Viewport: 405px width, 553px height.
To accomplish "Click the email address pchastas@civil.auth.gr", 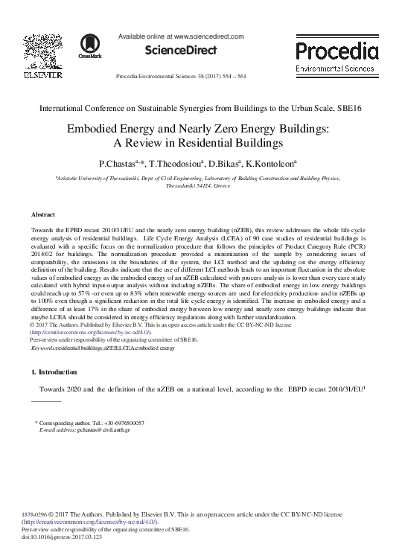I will coord(100,429).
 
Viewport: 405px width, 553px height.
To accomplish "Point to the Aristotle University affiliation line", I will coord(202,179).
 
